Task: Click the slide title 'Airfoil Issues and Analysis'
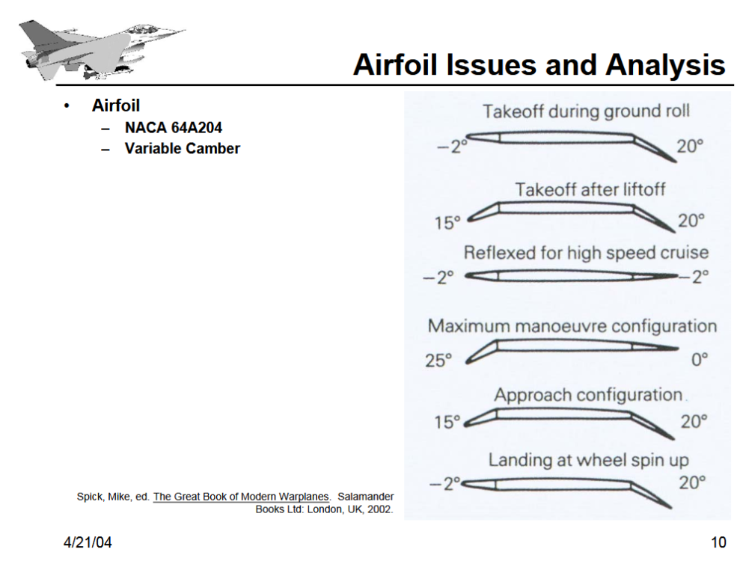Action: point(539,65)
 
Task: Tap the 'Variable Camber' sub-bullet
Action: point(182,148)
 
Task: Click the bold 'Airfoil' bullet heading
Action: point(116,105)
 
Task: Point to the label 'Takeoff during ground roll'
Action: point(586,112)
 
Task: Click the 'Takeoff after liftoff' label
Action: point(590,190)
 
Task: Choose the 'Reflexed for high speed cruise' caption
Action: point(586,252)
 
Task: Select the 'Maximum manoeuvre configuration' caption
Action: point(572,326)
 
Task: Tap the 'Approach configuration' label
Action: point(588,395)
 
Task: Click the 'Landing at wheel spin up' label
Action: point(589,459)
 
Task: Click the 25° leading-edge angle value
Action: point(439,361)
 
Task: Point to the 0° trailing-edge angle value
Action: point(700,361)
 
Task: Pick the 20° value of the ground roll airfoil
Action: point(691,146)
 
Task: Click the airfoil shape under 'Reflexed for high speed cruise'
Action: point(572,277)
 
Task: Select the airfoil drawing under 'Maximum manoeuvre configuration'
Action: point(572,348)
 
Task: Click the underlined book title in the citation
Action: point(241,497)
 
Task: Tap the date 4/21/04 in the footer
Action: point(88,542)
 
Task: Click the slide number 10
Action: point(718,542)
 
